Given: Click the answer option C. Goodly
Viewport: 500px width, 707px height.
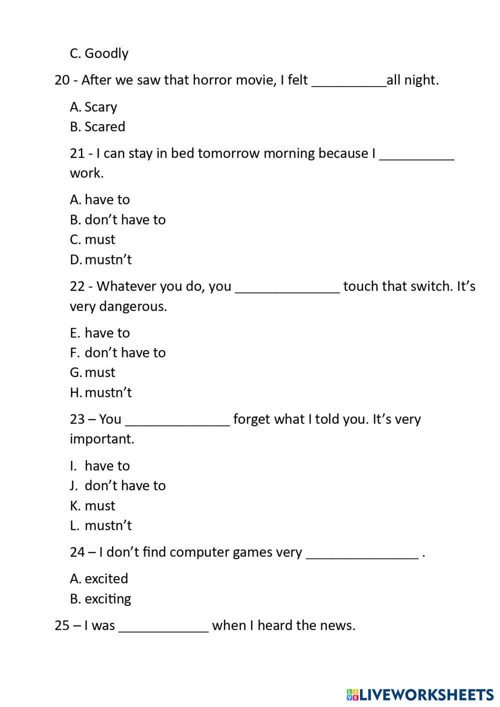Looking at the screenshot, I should (99, 53).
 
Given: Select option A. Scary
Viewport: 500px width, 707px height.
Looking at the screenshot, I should (93, 107).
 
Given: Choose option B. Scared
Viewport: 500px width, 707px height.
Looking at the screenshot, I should (97, 127).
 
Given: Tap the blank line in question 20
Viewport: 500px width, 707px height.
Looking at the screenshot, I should (349, 81).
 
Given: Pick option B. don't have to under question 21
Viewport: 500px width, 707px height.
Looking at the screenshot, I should (117, 220).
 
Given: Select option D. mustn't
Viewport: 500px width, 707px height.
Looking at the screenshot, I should (101, 260).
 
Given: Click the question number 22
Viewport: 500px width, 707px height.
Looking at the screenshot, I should (77, 286).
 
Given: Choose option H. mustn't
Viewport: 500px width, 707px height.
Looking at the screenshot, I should (101, 393).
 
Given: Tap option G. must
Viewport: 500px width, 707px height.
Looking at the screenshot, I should (92, 373).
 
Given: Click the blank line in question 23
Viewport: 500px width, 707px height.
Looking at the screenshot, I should (177, 420).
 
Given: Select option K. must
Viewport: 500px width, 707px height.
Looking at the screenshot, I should (92, 506).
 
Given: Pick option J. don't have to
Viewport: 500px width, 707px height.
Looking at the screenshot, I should (117, 486).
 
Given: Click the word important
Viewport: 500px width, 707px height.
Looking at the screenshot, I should (102, 439).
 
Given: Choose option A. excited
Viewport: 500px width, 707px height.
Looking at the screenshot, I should (99, 579).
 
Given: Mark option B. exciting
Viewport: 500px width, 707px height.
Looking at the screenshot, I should (100, 599).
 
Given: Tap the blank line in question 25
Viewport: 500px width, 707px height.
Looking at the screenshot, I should (163, 627).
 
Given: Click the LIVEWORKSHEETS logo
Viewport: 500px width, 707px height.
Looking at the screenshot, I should (420, 694).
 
